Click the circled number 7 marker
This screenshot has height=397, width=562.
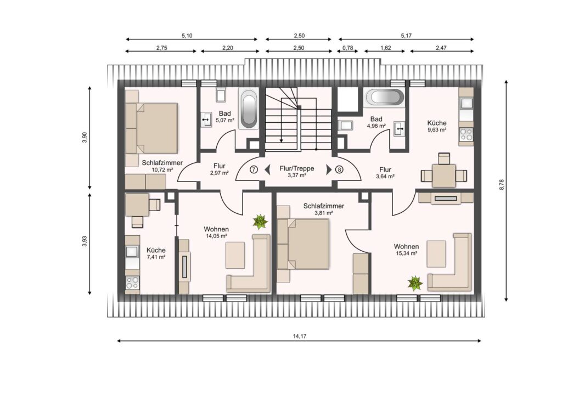(x=254, y=169)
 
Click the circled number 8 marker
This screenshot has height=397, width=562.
(x=339, y=169)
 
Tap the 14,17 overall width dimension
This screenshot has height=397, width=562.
(x=300, y=336)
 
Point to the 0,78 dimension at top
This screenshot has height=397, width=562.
(x=347, y=48)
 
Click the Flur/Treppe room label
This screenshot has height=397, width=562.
(x=297, y=168)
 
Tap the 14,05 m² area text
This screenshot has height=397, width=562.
(x=216, y=236)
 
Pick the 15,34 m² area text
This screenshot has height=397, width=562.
(x=407, y=253)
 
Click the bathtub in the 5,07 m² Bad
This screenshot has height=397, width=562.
(x=249, y=109)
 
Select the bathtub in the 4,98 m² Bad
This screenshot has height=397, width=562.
(x=384, y=98)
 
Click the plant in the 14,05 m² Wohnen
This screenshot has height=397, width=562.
(x=260, y=222)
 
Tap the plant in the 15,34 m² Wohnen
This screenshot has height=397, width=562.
(x=415, y=283)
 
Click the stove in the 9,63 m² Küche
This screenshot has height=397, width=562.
(x=467, y=134)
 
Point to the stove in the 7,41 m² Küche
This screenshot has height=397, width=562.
(x=132, y=283)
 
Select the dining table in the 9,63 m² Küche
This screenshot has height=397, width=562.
(x=443, y=175)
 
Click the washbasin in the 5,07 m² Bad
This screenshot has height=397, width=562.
(x=206, y=119)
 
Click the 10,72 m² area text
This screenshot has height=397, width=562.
(x=162, y=169)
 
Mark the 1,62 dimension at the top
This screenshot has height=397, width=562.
(x=386, y=48)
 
